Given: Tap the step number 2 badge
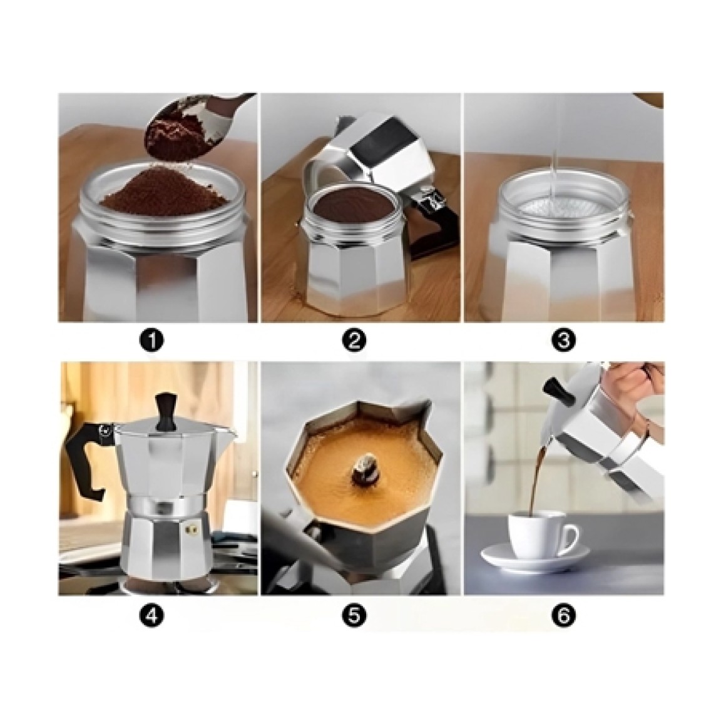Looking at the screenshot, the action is pyautogui.click(x=354, y=340).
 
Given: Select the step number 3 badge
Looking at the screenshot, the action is pyautogui.click(x=564, y=340).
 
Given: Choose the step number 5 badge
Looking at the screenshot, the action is pyautogui.click(x=354, y=615).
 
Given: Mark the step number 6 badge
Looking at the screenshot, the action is pyautogui.click(x=564, y=615).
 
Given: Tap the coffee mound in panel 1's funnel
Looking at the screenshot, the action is pyautogui.click(x=165, y=190).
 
